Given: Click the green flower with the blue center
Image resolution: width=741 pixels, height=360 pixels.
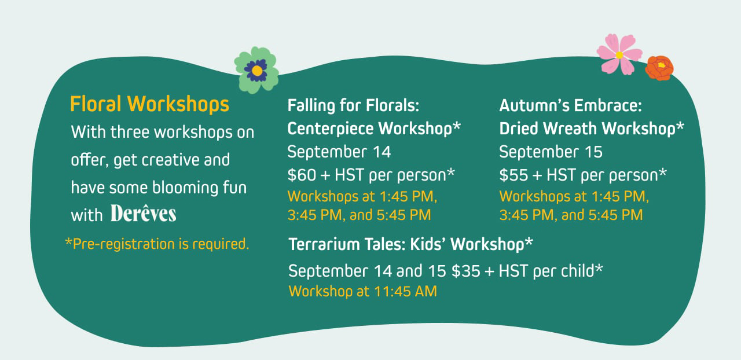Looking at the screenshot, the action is pos(256,70).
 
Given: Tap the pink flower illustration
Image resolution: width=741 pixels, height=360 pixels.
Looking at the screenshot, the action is pos(619,54).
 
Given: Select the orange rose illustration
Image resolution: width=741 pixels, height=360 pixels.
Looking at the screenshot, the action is pos(659,68).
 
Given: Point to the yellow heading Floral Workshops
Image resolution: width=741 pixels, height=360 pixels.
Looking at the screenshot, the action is pos(149,104).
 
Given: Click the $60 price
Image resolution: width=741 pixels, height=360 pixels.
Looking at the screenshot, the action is pos(302,175).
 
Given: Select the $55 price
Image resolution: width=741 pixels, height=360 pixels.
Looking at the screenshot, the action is pos(513,175).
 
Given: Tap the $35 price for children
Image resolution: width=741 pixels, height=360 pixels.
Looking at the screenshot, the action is pos(466,271).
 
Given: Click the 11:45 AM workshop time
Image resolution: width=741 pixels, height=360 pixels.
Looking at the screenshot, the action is pos(406,292).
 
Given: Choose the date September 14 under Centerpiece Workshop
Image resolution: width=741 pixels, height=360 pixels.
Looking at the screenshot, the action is pos(339,152).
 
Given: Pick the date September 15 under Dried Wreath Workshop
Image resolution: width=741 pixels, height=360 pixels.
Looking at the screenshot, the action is pos(551,152).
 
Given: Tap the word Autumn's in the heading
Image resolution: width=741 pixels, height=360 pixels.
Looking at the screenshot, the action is pos(534,105).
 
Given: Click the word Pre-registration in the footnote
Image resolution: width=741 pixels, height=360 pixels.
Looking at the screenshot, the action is pos(123,244).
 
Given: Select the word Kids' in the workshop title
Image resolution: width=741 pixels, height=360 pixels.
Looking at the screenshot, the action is pos(428,244).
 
